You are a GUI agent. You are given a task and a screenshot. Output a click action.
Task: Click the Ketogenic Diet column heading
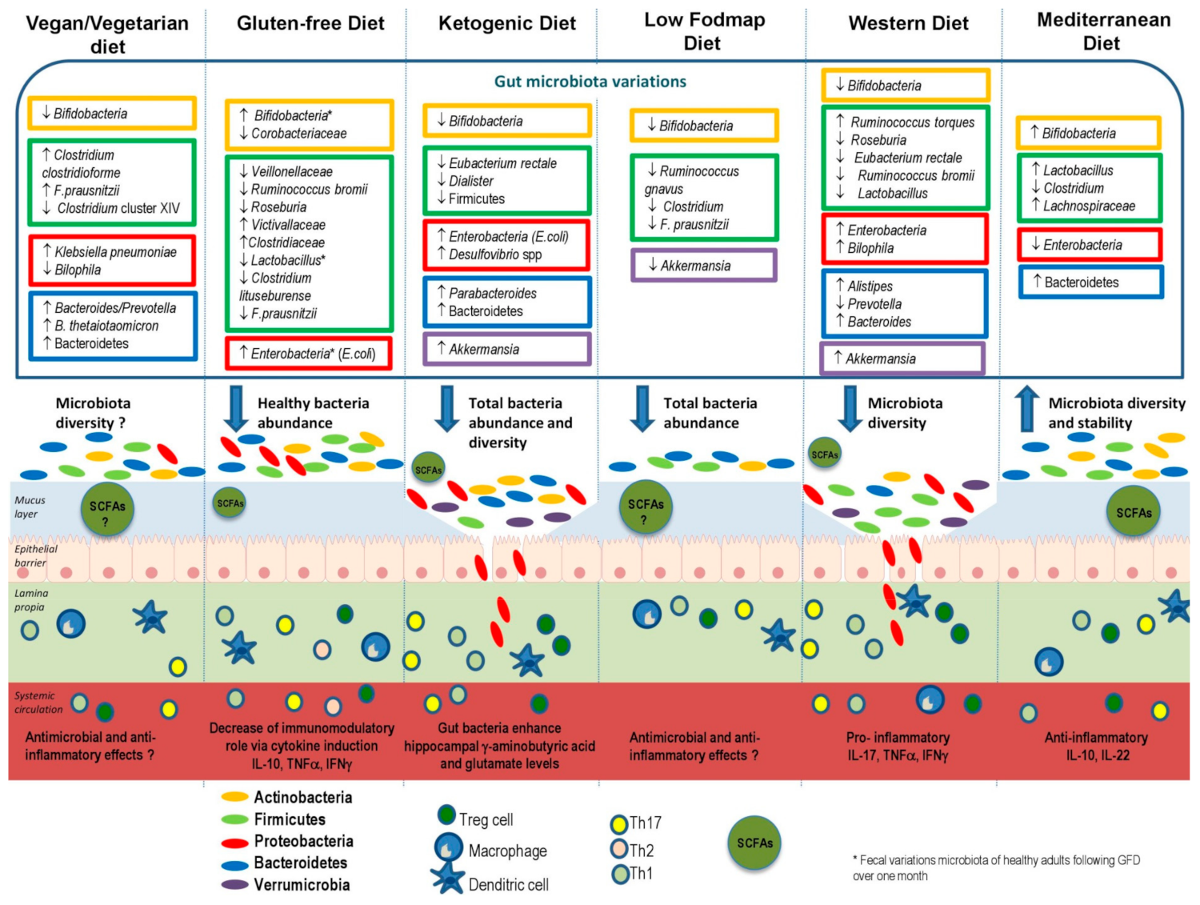pos(506,24)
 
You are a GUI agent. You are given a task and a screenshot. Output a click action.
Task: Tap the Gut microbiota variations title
pos(590,82)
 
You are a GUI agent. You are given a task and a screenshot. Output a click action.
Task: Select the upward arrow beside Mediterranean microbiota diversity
pos(1026,408)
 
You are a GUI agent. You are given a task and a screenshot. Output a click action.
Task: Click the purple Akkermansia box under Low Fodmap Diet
pos(703,266)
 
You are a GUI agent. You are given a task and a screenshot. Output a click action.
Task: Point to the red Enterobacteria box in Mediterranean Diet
pos(1089,245)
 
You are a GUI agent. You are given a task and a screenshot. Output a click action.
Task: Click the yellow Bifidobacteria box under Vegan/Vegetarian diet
pos(112,114)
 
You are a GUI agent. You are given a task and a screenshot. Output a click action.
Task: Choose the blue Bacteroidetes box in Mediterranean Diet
pos(1090,282)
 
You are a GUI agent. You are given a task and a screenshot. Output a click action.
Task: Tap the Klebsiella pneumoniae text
pos(115,252)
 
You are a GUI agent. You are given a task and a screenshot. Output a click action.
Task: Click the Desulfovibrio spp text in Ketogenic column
pos(495,254)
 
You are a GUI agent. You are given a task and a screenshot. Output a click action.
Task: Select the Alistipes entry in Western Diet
pos(870,286)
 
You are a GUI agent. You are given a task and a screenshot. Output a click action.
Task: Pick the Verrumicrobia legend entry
pos(302,885)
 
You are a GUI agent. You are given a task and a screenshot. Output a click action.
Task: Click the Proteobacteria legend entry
pos(303,841)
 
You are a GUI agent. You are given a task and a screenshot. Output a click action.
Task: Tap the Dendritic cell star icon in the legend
pos(447,878)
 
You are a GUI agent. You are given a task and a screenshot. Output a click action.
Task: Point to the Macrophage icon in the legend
pos(449,847)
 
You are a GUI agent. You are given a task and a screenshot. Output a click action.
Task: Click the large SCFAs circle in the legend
pos(754,843)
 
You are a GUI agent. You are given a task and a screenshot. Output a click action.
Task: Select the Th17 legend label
pos(645,823)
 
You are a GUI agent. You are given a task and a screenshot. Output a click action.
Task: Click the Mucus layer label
pos(30,507)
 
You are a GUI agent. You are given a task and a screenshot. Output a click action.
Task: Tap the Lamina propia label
pos(30,600)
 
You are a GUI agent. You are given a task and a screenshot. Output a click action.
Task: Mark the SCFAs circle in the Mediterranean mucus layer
pos(1134,512)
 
